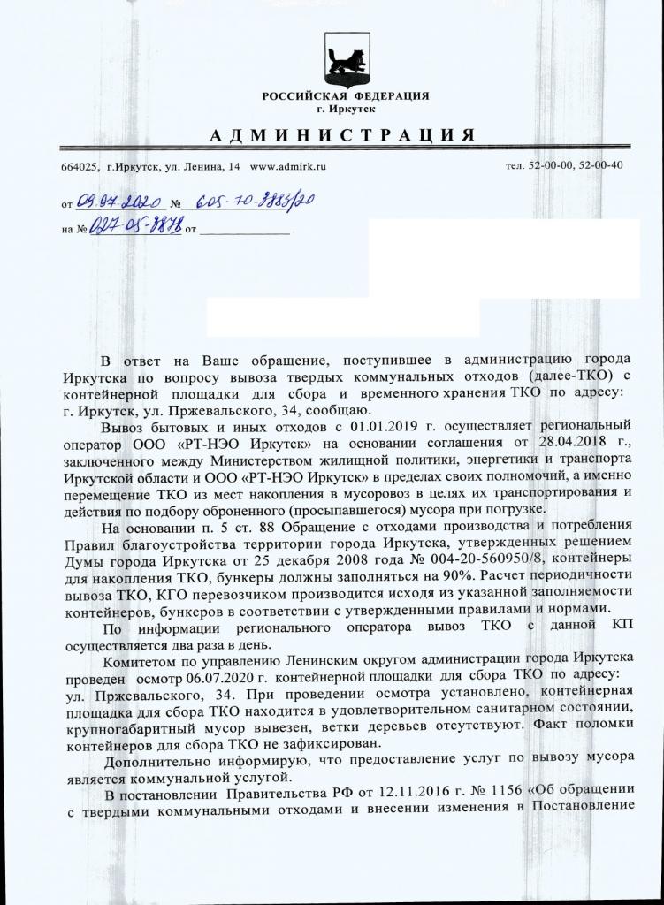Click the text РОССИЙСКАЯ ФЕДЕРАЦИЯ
(x=346, y=95)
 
